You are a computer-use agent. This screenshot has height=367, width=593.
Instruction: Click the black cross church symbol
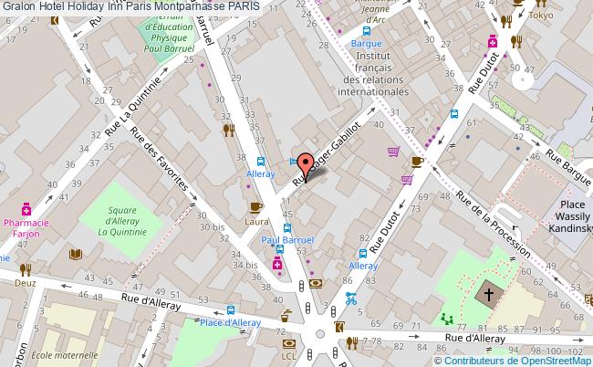point(489,296)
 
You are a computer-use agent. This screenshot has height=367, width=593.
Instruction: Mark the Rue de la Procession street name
point(494,223)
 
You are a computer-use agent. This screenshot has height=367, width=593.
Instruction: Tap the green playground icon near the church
point(446,319)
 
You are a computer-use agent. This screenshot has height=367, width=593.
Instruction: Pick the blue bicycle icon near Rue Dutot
point(350,298)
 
